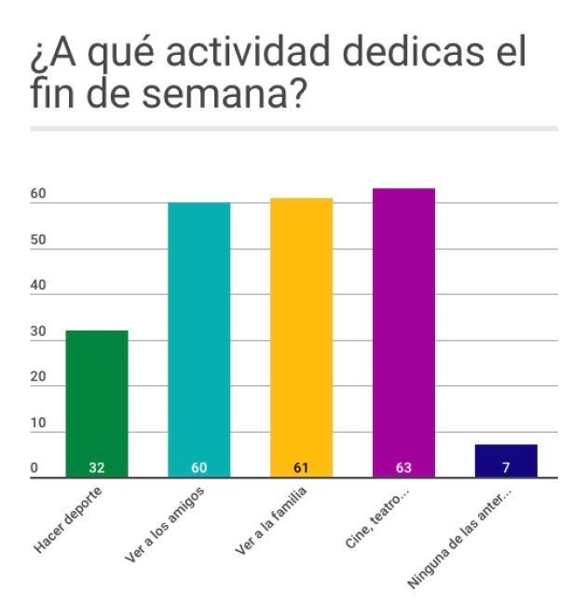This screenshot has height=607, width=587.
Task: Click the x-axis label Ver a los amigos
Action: coord(164,526)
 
